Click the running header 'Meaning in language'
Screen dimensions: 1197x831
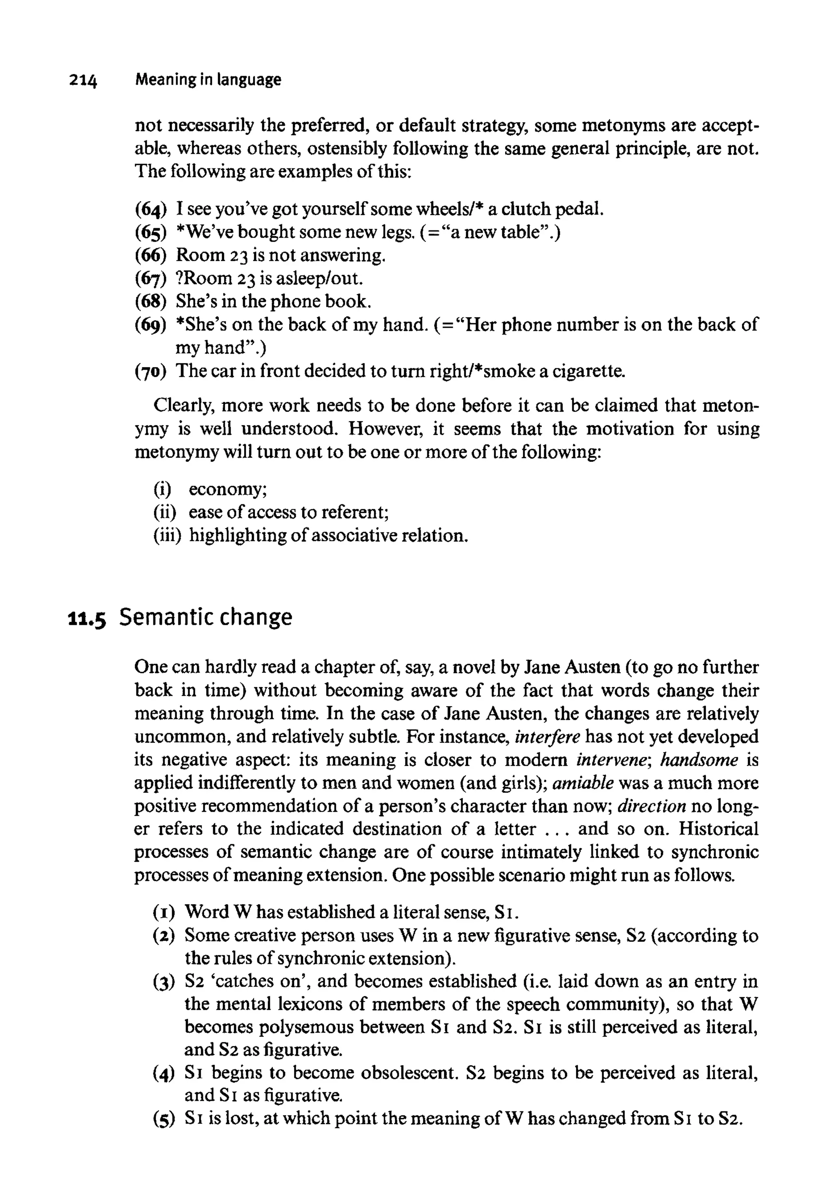click(x=208, y=80)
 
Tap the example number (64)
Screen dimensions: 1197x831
click(x=151, y=209)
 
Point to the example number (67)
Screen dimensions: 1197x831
click(x=151, y=278)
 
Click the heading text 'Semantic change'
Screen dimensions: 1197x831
click(x=206, y=618)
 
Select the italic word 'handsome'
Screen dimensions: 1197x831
click(x=699, y=760)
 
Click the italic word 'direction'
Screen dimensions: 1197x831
click(x=651, y=806)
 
